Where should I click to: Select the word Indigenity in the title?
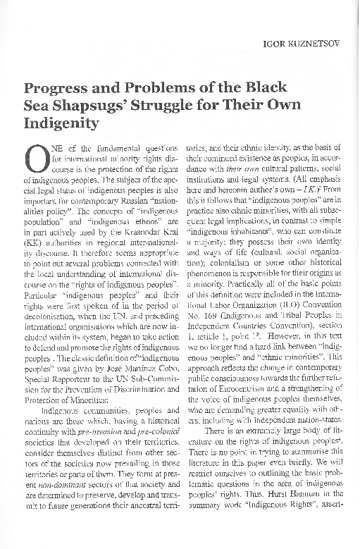(63, 125)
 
